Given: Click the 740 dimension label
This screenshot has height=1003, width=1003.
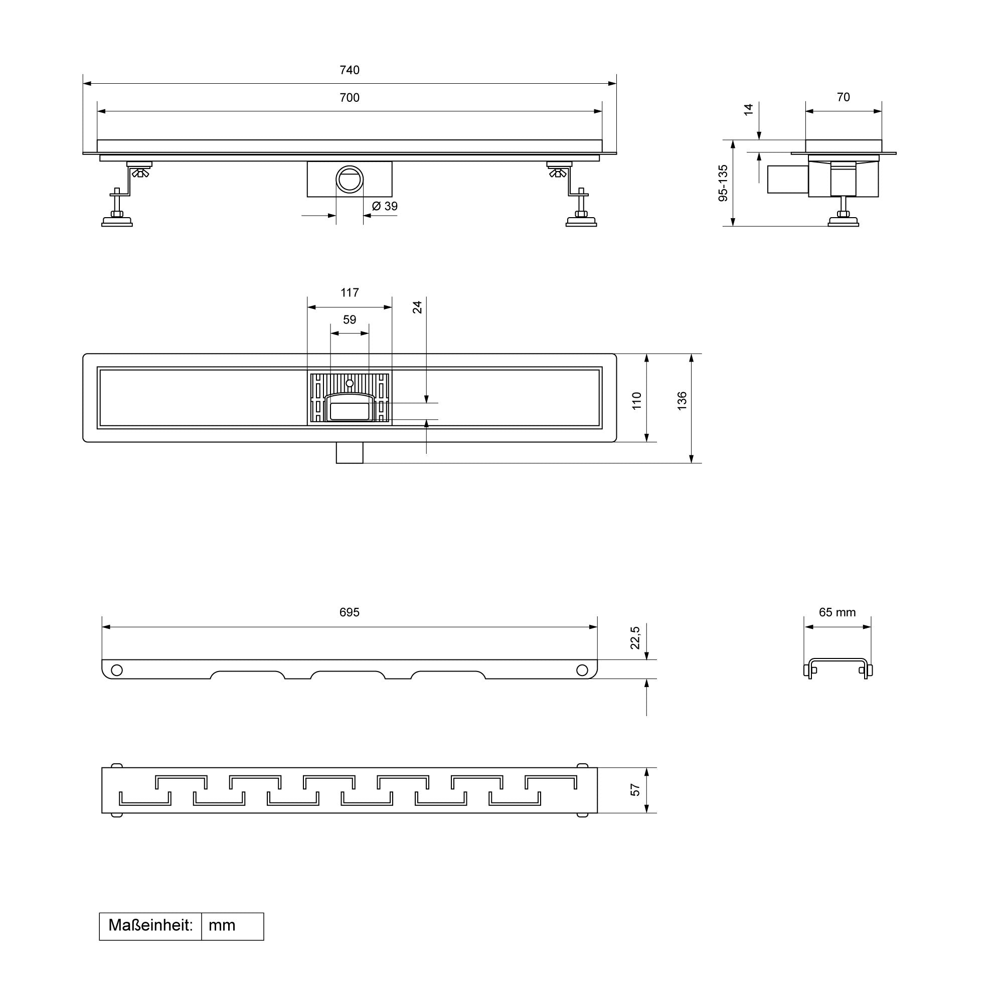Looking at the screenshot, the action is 350,70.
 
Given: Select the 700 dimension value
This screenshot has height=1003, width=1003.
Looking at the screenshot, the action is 350,98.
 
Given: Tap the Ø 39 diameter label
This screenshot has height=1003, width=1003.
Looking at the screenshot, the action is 385,206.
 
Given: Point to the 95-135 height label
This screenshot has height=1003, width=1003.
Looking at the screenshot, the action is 723,183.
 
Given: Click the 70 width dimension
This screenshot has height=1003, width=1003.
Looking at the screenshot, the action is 844,97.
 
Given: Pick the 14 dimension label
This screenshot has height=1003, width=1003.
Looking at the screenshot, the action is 748,109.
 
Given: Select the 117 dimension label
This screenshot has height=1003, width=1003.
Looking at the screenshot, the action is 350,293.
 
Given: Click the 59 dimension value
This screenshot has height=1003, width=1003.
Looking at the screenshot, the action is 350,320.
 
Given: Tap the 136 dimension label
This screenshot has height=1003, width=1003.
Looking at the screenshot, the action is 682,401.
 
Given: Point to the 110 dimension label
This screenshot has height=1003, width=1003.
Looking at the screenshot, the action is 636,401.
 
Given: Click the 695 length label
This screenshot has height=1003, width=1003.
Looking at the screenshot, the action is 350,612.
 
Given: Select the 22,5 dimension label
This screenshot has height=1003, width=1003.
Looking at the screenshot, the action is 635,637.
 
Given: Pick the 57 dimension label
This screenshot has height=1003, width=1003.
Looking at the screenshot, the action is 635,790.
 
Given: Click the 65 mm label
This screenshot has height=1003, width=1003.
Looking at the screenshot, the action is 838,612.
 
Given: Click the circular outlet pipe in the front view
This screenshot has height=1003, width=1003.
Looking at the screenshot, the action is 350,179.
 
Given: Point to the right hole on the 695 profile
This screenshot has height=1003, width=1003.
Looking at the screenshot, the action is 582,670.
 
